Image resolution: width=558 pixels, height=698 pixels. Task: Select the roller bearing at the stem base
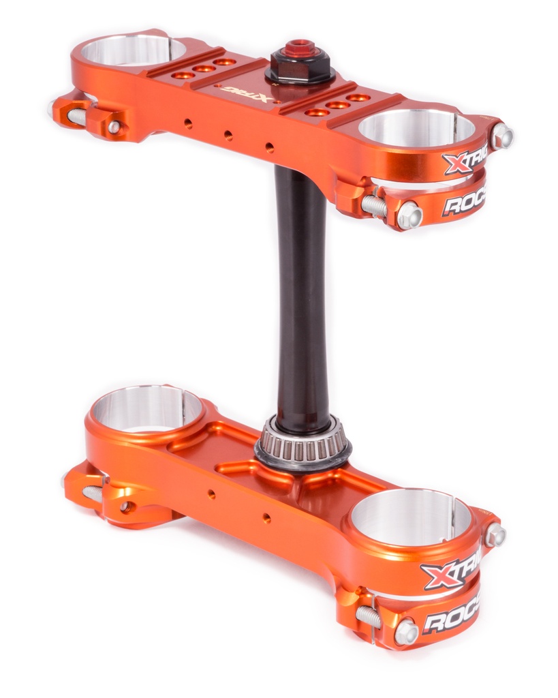[303, 446]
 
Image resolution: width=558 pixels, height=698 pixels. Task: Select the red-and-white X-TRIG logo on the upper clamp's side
[464, 162]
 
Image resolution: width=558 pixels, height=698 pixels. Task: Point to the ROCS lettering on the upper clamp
[463, 202]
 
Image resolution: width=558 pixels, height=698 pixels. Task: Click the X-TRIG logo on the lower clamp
[450, 571]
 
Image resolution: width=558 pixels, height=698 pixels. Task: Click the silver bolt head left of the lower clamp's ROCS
[406, 632]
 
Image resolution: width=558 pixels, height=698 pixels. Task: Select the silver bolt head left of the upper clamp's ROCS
[409, 215]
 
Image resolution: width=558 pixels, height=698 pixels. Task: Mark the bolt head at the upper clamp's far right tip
[501, 136]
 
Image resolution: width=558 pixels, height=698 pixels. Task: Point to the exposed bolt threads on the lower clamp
[369, 617]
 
